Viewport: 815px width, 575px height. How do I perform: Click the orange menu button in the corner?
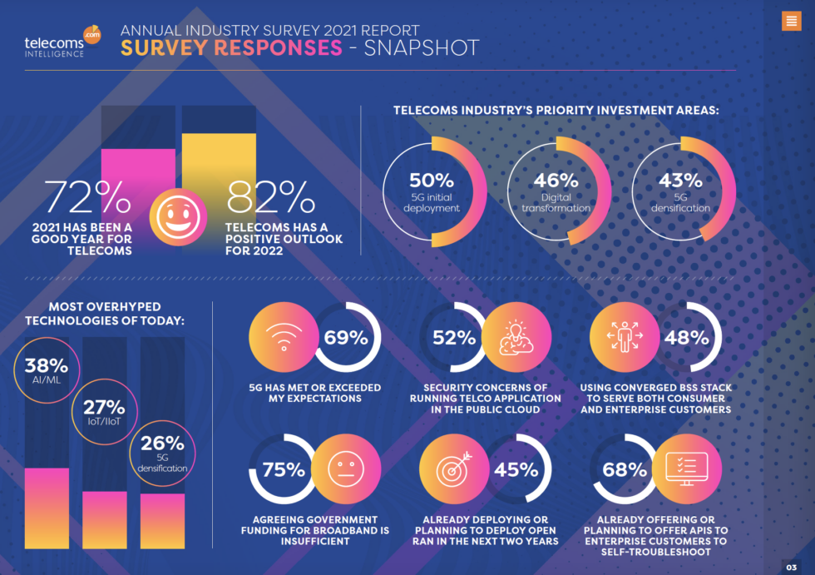pos(791,22)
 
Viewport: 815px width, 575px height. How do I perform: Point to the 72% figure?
pos(88,197)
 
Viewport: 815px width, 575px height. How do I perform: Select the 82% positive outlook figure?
pos(271,197)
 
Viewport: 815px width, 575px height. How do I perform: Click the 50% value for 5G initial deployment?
pos(432,181)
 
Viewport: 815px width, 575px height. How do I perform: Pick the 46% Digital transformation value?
pos(556,181)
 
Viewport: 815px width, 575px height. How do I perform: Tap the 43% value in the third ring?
pos(680,181)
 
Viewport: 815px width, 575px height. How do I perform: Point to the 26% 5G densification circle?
pos(162,450)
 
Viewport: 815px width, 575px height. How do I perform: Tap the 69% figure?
pos(346,338)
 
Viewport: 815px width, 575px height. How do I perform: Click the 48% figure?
pos(686,338)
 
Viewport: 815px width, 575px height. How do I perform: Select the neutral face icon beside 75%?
pos(345,470)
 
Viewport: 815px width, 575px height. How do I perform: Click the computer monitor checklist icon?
pos(687,470)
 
